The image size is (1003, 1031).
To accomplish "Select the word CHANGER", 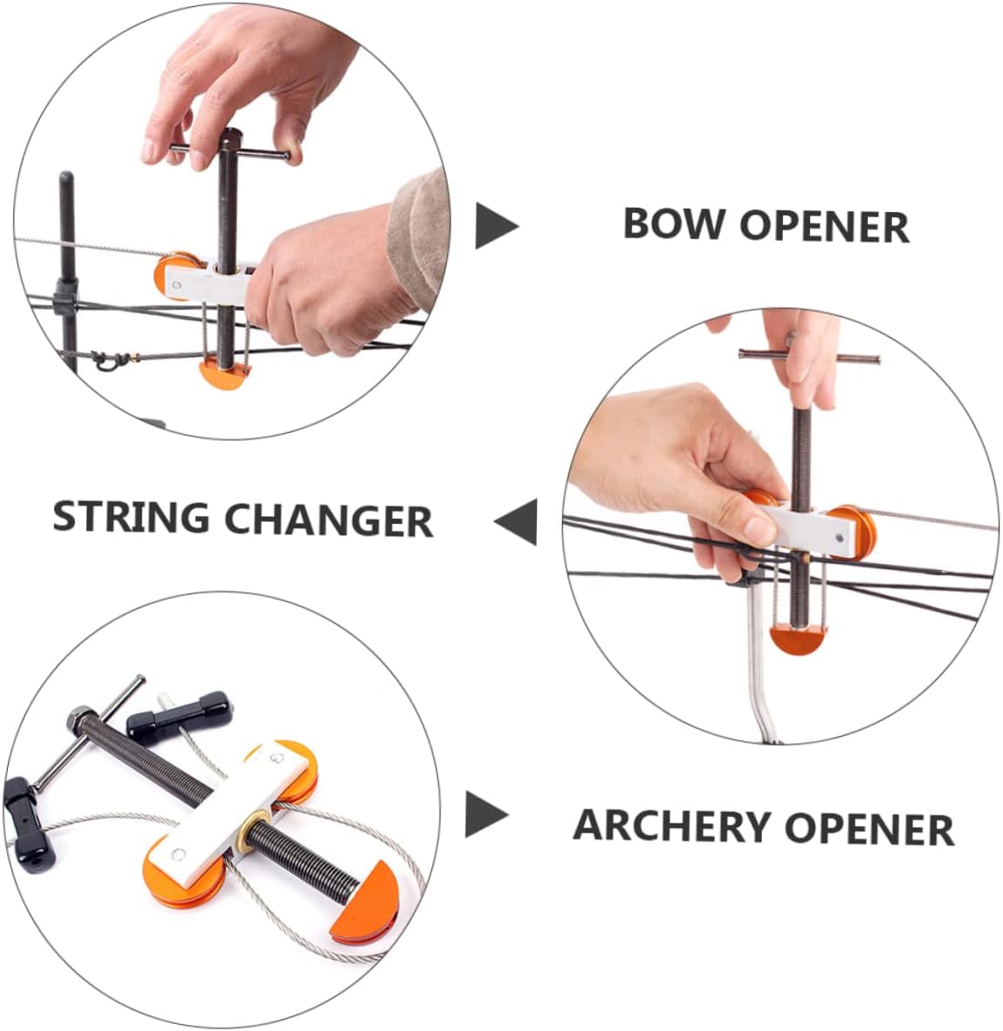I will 328,520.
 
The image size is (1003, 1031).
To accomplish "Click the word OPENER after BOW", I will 824,226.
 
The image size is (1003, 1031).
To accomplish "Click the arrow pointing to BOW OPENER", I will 495,226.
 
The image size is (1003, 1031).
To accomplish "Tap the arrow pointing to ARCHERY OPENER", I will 485,814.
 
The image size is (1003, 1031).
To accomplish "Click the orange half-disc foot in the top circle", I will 225,374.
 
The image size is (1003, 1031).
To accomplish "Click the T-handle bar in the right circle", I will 808,355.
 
